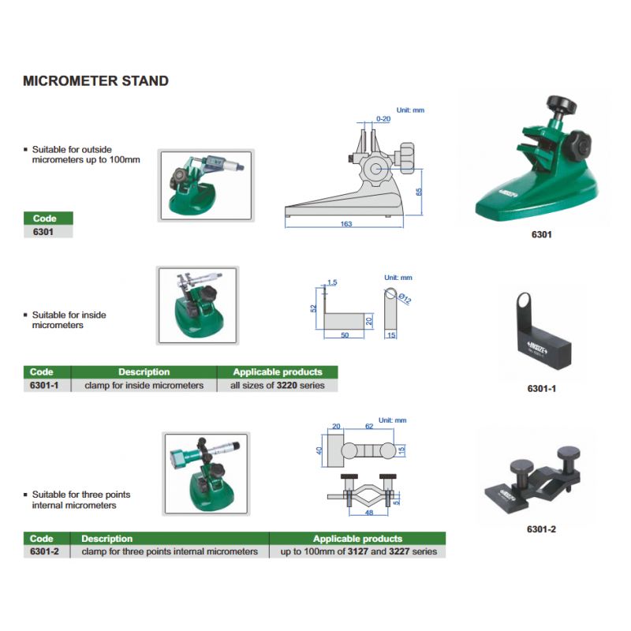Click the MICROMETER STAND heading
(x=95, y=81)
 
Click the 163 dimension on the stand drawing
(x=346, y=224)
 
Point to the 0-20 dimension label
(x=383, y=119)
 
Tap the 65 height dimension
(x=419, y=192)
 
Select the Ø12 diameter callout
(x=405, y=298)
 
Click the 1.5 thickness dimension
(x=332, y=282)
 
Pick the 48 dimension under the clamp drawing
(x=369, y=513)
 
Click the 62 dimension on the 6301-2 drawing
(x=369, y=426)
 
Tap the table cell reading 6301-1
(x=44, y=385)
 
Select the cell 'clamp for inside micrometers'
(x=144, y=385)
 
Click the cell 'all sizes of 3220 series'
(x=278, y=385)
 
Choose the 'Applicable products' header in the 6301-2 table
(x=357, y=539)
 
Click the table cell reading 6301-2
(x=44, y=551)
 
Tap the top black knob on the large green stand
(x=562, y=105)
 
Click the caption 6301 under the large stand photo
(x=541, y=234)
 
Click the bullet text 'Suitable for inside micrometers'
(x=69, y=320)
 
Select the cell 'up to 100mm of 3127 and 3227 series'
(x=359, y=551)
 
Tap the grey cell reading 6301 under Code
(x=43, y=231)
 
